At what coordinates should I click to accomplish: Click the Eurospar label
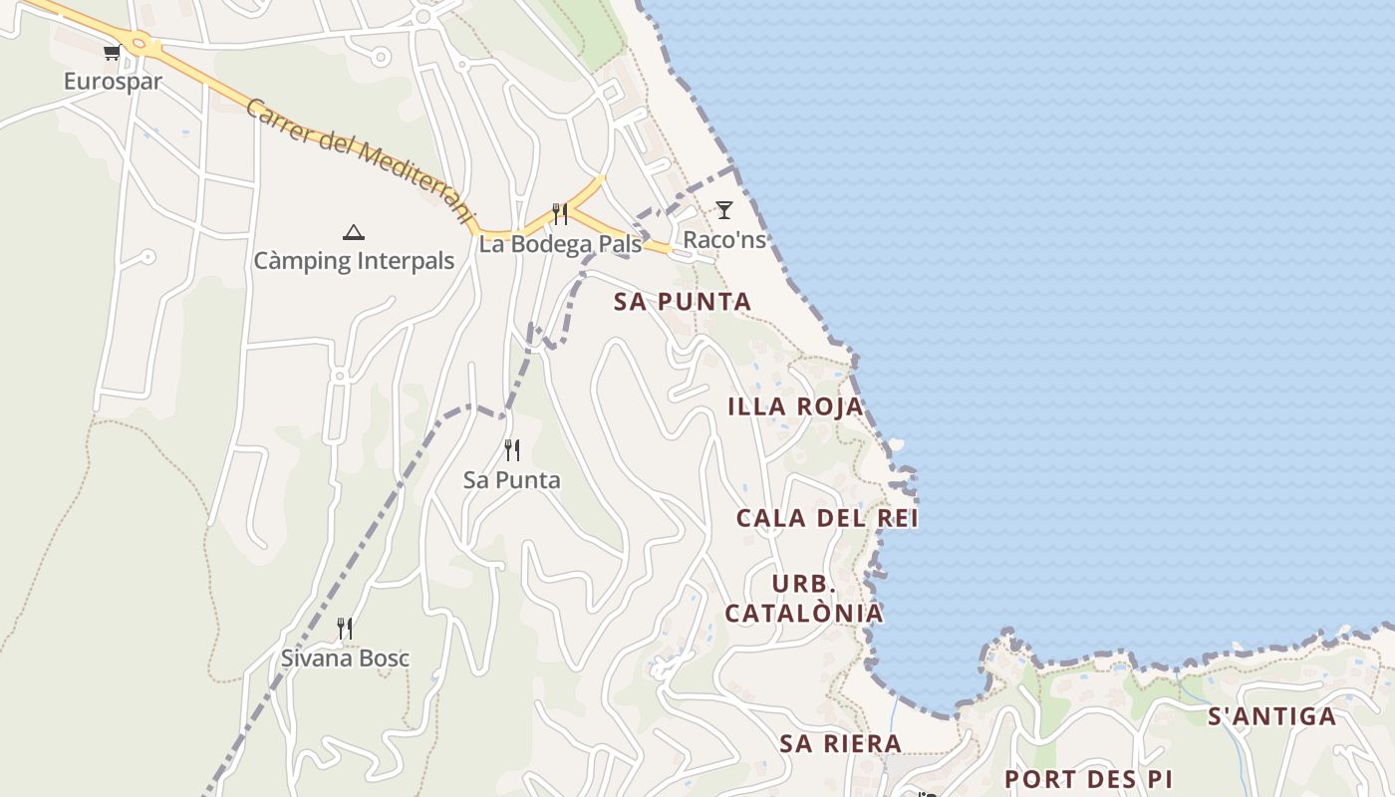click(113, 82)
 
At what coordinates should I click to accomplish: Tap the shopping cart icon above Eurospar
click(112, 52)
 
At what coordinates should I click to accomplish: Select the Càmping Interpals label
click(354, 261)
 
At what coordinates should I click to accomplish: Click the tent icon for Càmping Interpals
click(353, 233)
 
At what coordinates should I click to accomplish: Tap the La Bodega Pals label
click(560, 244)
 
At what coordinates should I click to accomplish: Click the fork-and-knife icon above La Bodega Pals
click(560, 214)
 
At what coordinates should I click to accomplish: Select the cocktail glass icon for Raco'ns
click(724, 210)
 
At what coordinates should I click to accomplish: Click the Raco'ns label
click(724, 240)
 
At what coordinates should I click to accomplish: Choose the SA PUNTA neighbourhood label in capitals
click(683, 302)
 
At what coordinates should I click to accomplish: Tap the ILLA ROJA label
click(795, 406)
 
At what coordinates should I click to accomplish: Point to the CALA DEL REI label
click(827, 518)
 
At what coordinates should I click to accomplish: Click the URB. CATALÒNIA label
click(804, 599)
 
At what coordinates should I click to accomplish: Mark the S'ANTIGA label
click(1271, 716)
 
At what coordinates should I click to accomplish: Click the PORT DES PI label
click(1087, 779)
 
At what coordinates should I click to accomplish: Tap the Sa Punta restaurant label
click(512, 480)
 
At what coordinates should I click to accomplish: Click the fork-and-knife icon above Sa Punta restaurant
click(512, 450)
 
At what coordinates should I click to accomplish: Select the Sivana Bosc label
click(345, 659)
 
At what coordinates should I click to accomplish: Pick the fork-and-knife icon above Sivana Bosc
click(345, 629)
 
